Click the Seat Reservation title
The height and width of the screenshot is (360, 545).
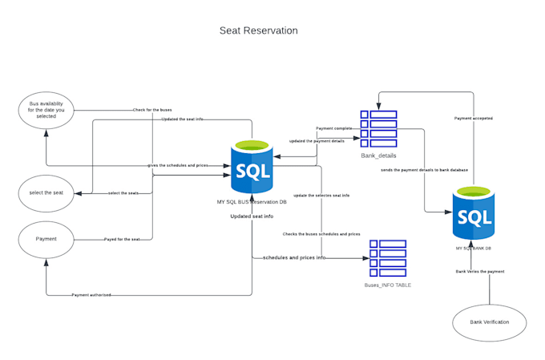258,30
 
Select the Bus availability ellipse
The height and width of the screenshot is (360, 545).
46,110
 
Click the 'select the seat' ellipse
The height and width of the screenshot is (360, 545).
46,192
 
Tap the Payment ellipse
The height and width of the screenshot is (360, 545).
46,239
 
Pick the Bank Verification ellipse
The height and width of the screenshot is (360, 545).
489,323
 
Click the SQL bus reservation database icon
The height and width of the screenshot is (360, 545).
252,167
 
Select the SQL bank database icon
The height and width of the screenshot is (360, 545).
473,213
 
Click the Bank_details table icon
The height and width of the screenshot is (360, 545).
378,128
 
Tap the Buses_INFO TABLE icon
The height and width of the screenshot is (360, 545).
387,257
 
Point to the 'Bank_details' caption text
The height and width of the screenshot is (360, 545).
378,156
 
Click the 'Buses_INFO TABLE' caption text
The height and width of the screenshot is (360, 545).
387,285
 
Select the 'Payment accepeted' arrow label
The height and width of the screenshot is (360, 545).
473,118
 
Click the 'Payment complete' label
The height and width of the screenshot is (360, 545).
334,128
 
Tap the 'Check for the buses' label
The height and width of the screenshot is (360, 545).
152,109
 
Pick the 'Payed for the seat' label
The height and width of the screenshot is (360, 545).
122,239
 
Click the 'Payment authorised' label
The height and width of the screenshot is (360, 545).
91,295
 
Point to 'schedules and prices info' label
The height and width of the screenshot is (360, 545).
294,257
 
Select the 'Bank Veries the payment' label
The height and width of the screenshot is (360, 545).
479,271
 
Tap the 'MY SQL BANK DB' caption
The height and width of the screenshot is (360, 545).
473,248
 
